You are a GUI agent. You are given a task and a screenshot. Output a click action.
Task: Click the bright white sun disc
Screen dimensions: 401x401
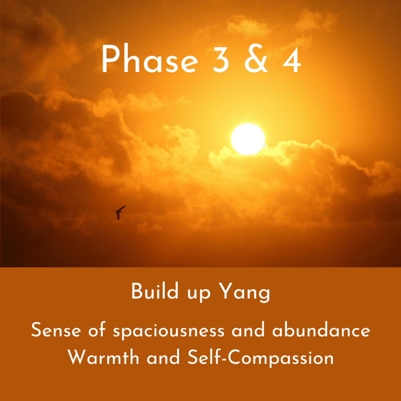click(x=248, y=139)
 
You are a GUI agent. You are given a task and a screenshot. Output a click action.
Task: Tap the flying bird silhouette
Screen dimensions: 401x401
click(x=120, y=213)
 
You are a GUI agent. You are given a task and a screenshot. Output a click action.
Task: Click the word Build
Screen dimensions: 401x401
click(x=155, y=291)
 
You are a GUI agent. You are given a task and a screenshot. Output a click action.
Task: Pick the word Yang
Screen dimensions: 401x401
click(x=245, y=293)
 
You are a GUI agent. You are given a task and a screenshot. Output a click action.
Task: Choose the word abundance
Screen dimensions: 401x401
click(x=321, y=329)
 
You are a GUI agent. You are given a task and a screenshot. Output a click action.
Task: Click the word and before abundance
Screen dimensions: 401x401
click(x=248, y=329)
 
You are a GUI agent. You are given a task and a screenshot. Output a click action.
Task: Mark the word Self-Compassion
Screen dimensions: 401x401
click(x=260, y=358)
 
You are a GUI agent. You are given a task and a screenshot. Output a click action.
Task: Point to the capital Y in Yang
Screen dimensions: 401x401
click(x=226, y=291)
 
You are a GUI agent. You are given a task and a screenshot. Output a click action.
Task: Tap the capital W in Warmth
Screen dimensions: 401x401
click(x=77, y=357)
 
